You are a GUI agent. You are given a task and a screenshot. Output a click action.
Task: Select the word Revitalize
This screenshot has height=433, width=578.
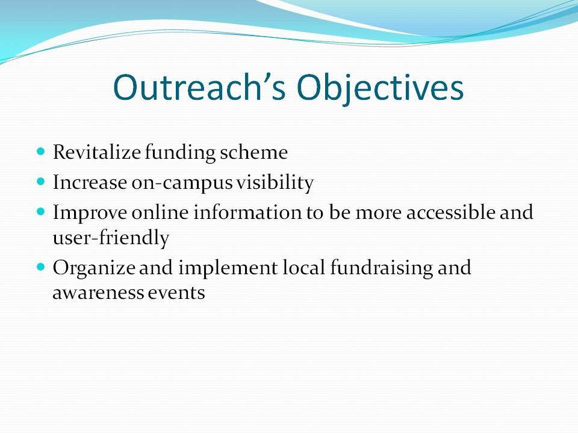pos(96,152)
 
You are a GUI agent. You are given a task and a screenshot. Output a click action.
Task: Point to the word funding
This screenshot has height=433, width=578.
pos(180,153)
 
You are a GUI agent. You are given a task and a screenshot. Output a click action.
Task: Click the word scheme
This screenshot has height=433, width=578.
pos(253,152)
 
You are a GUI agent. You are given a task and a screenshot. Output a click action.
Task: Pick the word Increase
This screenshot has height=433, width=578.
pos(90,182)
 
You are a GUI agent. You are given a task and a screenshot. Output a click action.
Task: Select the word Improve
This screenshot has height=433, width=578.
pos(90,213)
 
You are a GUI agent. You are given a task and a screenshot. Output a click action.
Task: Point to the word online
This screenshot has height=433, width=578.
pos(160,212)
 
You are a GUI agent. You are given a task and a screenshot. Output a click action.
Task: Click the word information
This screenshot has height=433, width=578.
pos(247,212)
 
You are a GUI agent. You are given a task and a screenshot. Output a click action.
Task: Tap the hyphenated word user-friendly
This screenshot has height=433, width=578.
pos(111,238)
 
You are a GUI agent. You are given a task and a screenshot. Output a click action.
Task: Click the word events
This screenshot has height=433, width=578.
pos(176,293)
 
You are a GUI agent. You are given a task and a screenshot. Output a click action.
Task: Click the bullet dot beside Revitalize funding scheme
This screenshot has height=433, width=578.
pos(41,152)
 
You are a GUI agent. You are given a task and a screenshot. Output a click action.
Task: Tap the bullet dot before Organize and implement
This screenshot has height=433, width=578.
pos(41,266)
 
